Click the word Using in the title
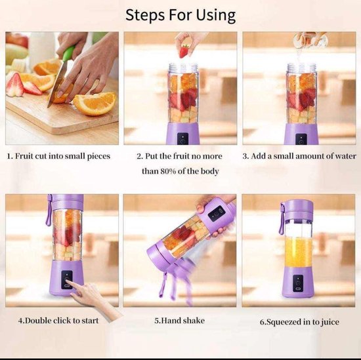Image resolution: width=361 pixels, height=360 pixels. click(216, 16)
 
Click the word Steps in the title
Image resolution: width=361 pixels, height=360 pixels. click(145, 15)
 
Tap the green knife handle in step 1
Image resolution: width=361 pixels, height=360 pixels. click(69, 53)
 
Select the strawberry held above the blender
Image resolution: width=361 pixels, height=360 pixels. click(184, 51)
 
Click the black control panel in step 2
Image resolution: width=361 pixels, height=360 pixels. click(183, 139)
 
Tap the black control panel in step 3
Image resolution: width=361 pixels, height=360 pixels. click(301, 139)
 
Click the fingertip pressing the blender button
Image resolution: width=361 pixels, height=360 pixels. click(68, 281)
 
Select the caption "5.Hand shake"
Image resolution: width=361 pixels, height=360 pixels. click(179, 321)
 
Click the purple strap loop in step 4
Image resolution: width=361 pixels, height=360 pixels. click(49, 210)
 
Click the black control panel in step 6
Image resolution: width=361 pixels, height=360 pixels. click(298, 283)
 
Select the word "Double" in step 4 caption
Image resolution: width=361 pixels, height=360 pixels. click(37, 321)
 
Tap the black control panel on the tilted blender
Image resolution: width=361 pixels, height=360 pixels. click(216, 214)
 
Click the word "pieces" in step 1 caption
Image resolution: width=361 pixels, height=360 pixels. click(98, 157)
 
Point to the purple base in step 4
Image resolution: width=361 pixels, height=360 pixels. click(66, 277)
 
